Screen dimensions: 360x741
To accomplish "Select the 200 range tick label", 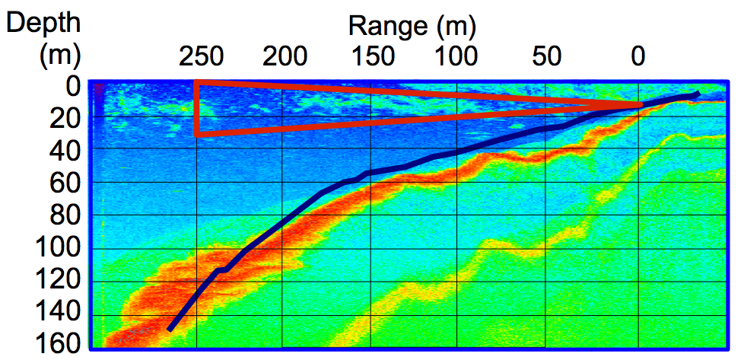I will coord(286,56).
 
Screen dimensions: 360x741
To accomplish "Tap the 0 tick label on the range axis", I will coord(638,56).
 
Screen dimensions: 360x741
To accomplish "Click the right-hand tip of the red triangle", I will coord(641,104).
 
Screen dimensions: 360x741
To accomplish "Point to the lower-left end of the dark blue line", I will coord(170,328).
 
